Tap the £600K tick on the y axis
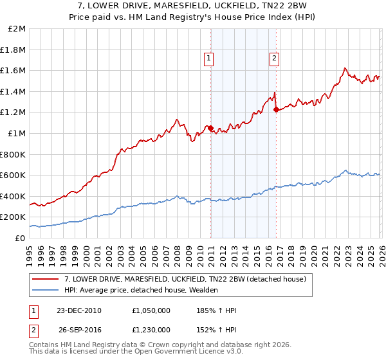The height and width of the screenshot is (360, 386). point(13,175)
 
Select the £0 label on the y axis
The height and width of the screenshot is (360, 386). point(20,238)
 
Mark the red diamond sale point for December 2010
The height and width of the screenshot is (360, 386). point(210,128)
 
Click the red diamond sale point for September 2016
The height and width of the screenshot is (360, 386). point(276,109)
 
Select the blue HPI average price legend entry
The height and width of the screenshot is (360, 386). point(141,290)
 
